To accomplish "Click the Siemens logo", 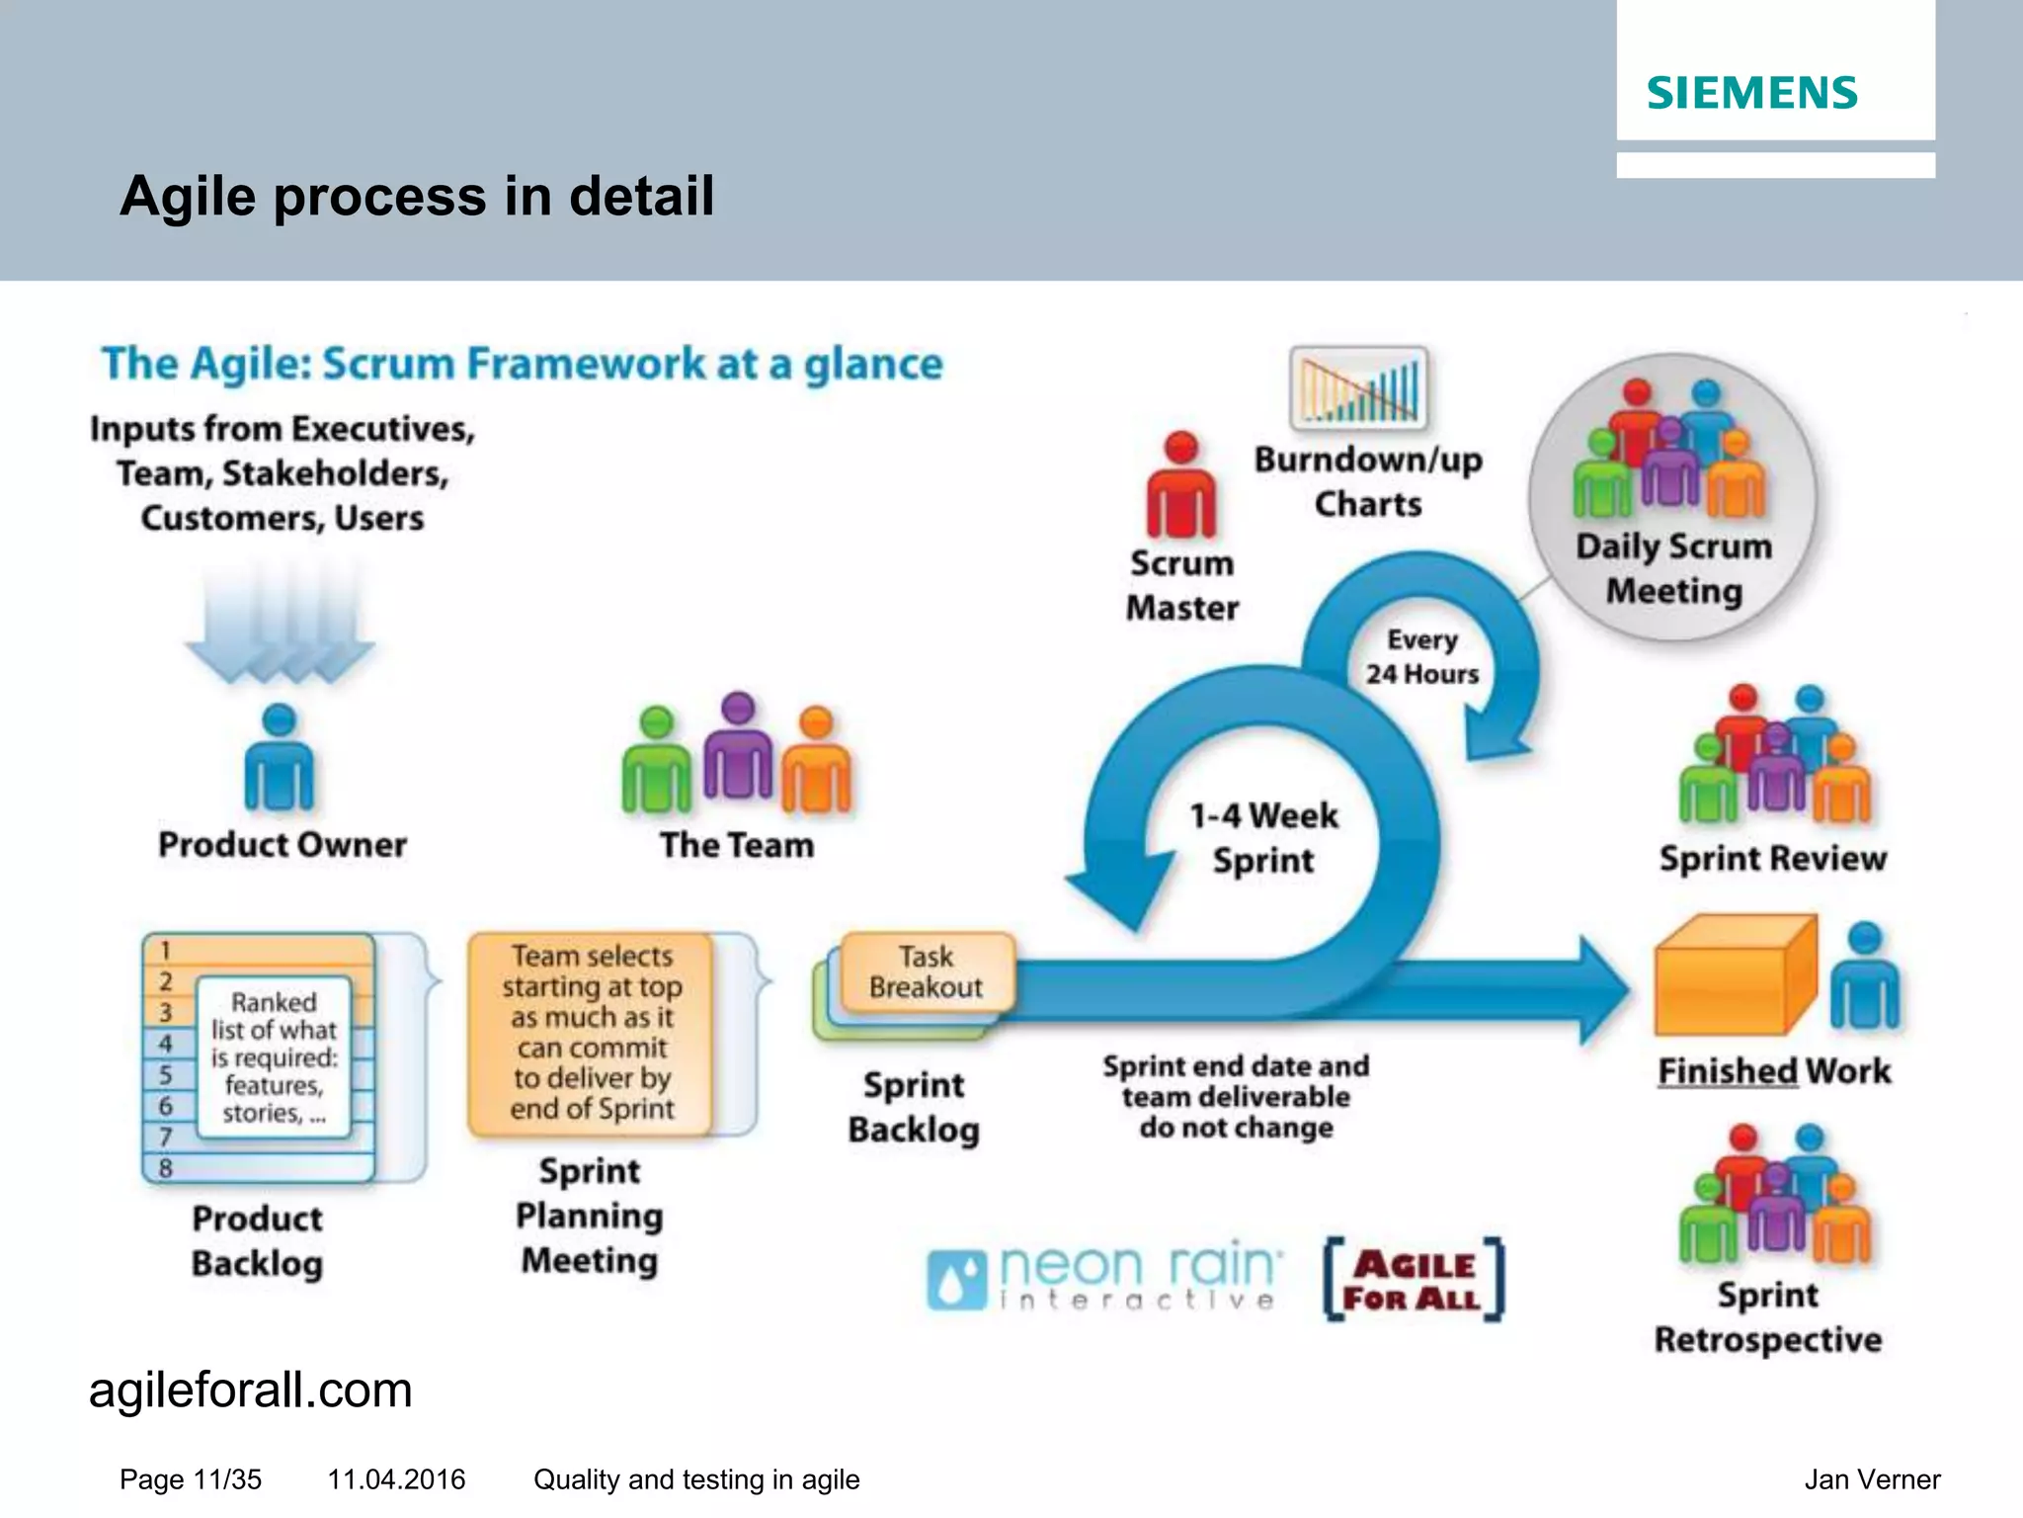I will click(1751, 93).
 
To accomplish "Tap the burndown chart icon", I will click(1358, 388).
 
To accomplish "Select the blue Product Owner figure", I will click(280, 759).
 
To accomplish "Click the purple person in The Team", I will click(738, 748).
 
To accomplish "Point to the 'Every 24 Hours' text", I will click(1421, 657).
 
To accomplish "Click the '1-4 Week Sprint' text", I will click(1263, 838).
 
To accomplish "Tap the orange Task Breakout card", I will click(926, 971).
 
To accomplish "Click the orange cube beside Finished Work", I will click(1734, 975).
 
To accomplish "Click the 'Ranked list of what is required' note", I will click(274, 1057).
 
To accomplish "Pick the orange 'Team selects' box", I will click(591, 1033).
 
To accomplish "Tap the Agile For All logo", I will click(1414, 1281).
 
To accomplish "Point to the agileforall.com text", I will click(250, 1391).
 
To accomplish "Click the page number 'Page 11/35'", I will click(191, 1479).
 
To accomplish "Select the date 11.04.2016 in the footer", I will click(396, 1479).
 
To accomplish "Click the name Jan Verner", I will click(1871, 1479).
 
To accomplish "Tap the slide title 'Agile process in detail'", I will click(416, 196).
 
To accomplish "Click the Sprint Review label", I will click(1772, 858).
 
